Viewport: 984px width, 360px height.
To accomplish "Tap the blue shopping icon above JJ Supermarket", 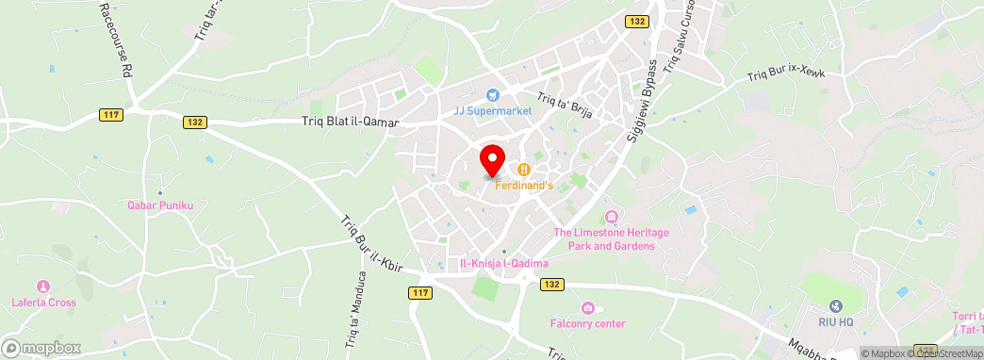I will [492, 95].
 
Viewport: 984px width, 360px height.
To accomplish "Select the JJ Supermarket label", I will [493, 110].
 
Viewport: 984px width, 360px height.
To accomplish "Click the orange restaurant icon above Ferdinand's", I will [522, 170].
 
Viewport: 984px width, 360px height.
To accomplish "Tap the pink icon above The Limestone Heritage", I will [611, 219].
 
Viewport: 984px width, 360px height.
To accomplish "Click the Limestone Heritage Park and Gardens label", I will [604, 239].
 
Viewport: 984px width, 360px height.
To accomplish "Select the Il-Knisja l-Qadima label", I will [504, 264].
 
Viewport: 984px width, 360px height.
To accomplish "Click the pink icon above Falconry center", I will [588, 308].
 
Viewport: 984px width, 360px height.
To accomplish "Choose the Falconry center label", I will [588, 324].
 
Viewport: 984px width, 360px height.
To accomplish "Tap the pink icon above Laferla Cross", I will [42, 286].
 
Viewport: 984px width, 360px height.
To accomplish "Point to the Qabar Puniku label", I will [160, 205].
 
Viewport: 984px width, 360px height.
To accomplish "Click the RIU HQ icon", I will [835, 306].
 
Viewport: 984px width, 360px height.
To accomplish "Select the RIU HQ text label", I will [835, 322].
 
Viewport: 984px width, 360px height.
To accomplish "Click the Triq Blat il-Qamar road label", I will [351, 122].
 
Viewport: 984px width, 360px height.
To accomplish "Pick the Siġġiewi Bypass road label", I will [642, 104].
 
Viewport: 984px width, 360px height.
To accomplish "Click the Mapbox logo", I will [41, 348].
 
